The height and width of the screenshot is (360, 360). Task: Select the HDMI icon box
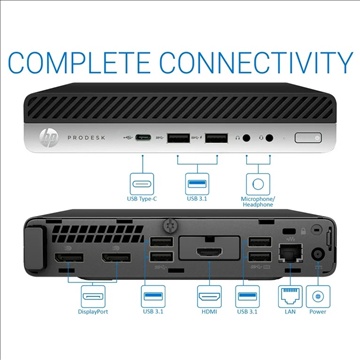pyautogui.click(x=208, y=300)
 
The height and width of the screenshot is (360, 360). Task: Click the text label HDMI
pyautogui.click(x=208, y=323)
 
